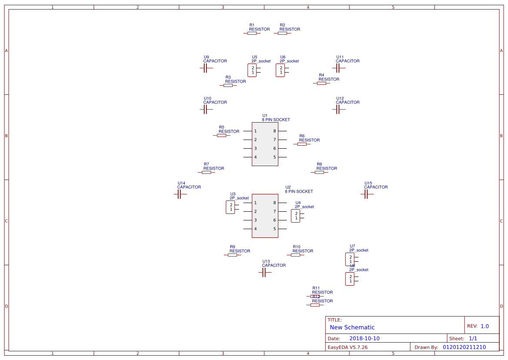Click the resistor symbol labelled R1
(252, 33)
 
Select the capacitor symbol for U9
(206, 68)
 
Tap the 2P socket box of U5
(252, 70)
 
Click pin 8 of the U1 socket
(282, 131)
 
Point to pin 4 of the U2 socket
(248, 229)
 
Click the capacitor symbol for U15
(367, 194)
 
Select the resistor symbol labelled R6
(302, 144)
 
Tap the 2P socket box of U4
(296, 216)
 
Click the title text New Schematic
(352, 327)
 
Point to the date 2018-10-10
(364, 338)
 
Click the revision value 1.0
(485, 326)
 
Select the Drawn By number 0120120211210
(464, 347)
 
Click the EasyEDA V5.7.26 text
(347, 347)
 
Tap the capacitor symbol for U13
(265, 273)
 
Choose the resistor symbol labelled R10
(296, 255)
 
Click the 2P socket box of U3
(230, 207)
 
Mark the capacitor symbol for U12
(339, 110)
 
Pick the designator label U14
(181, 183)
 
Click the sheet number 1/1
(473, 338)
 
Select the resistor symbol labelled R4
(322, 83)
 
